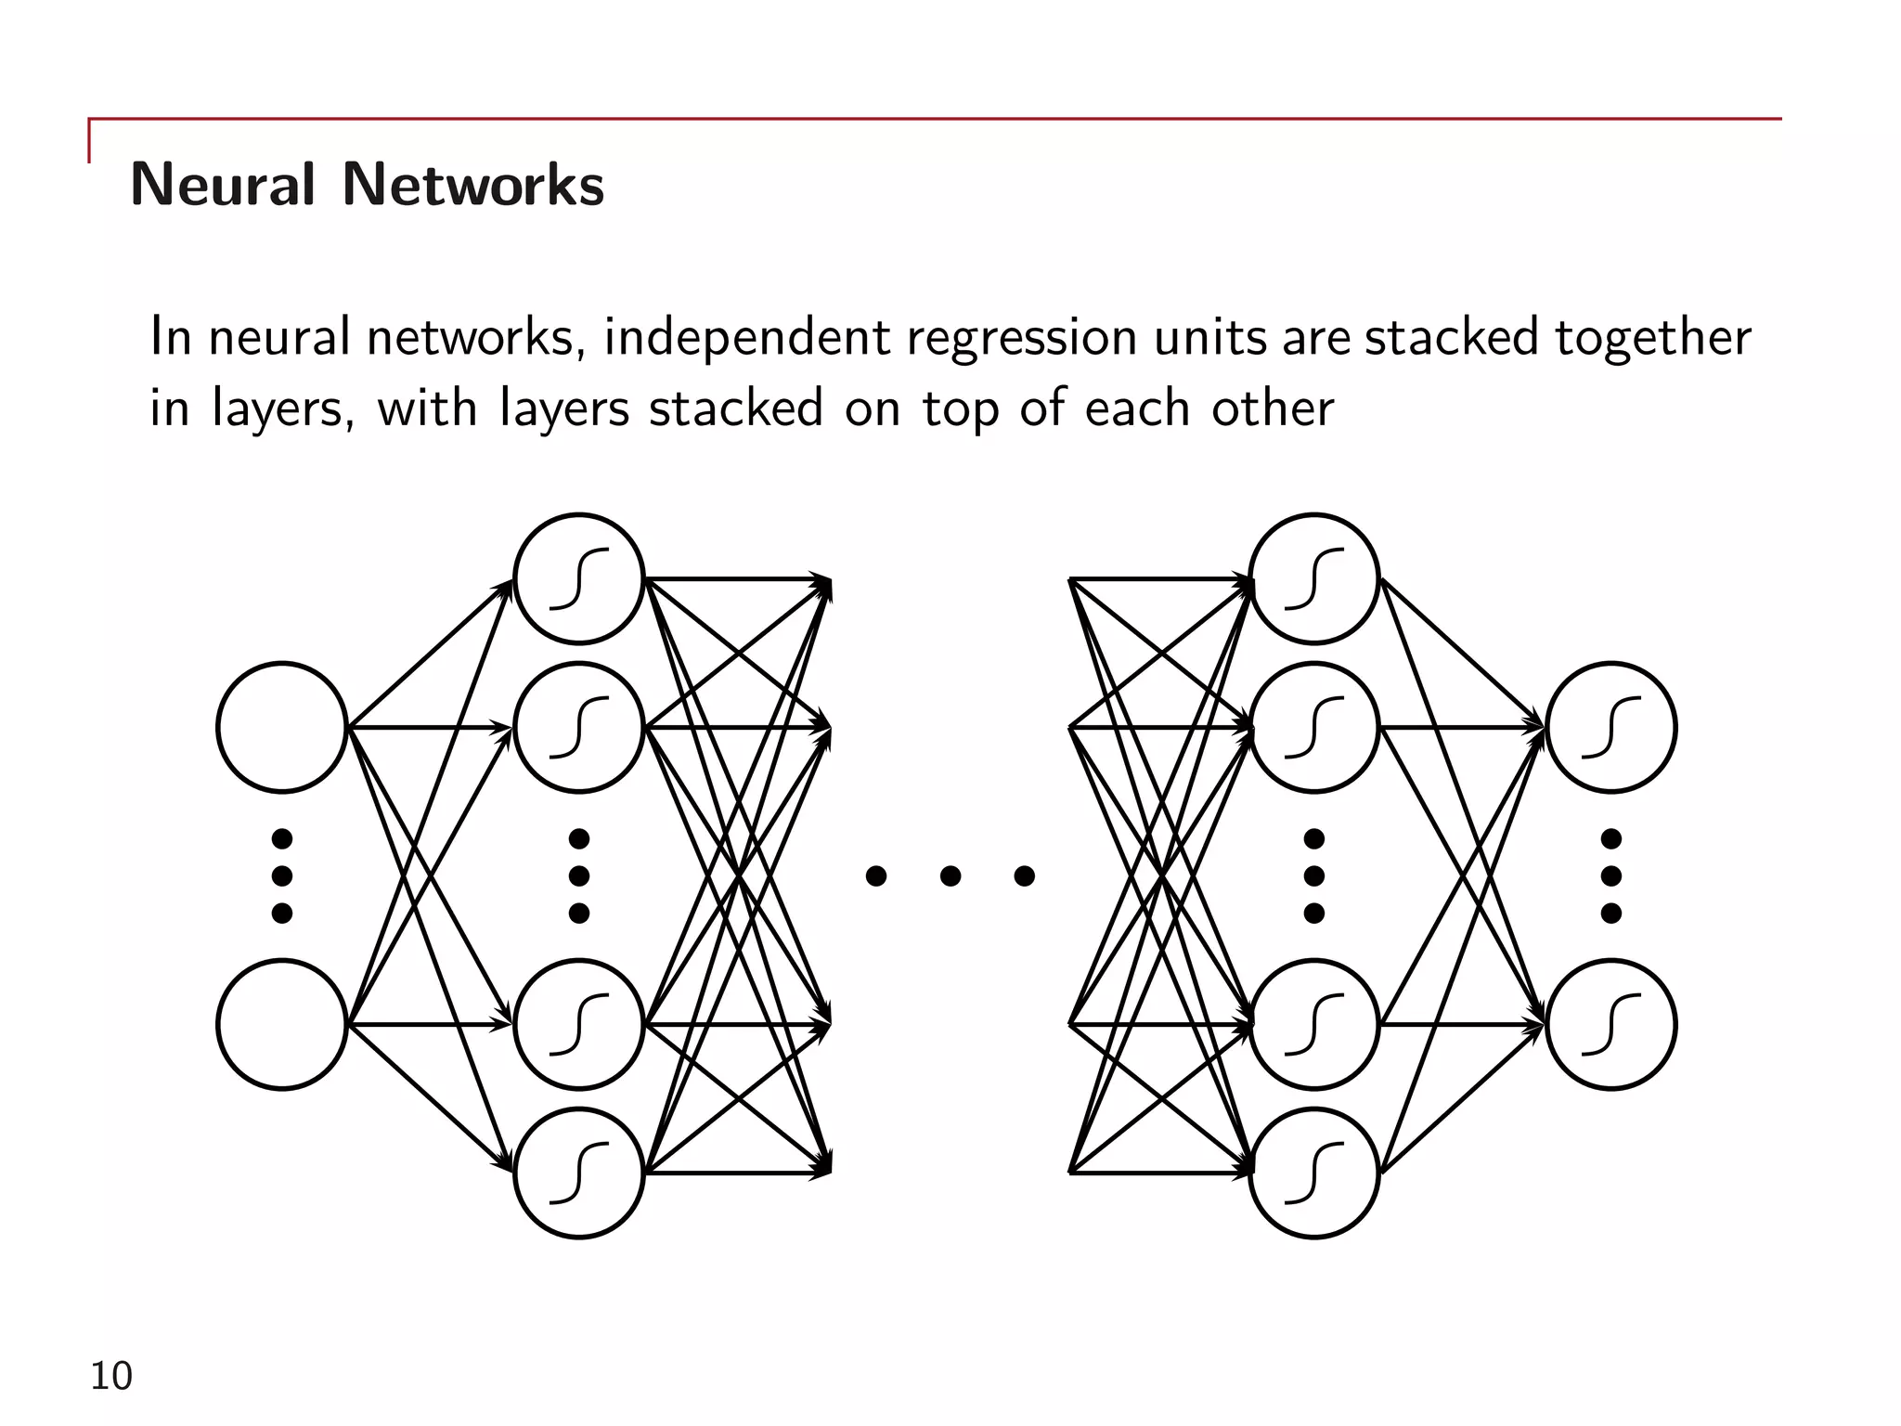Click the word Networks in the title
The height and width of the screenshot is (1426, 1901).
pyautogui.click(x=473, y=184)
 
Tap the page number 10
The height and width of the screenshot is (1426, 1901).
pyautogui.click(x=110, y=1376)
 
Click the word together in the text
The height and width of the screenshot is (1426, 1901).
pyautogui.click(x=1652, y=339)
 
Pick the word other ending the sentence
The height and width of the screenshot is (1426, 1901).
pyautogui.click(x=1272, y=408)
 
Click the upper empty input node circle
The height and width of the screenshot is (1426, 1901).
pyautogui.click(x=282, y=727)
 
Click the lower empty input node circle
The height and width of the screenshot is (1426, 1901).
pyautogui.click(x=282, y=1024)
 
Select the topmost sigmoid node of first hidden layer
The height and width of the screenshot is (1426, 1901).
pyautogui.click(x=579, y=578)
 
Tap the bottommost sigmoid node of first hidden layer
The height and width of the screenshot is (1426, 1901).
pyautogui.click(x=579, y=1173)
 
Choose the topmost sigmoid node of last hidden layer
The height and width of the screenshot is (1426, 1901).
pyautogui.click(x=1314, y=578)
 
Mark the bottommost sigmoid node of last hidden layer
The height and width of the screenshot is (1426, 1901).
pyautogui.click(x=1314, y=1173)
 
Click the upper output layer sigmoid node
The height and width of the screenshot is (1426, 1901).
pyautogui.click(x=1611, y=727)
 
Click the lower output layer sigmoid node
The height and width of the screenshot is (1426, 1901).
pyautogui.click(x=1611, y=1024)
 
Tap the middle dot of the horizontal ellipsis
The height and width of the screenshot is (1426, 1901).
pyautogui.click(x=950, y=875)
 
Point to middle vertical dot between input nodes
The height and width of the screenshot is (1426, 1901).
pyautogui.click(x=282, y=875)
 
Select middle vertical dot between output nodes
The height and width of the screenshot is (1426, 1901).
pyautogui.click(x=1611, y=875)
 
